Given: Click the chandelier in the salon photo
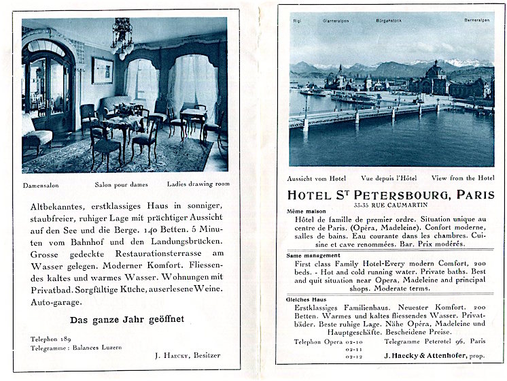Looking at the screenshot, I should point(123,38).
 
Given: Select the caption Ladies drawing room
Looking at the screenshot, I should point(198,184).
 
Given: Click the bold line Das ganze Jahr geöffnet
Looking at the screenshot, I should point(128,319).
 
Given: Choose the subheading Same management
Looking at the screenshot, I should point(312,255).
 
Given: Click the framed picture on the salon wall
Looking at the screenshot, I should point(103,70).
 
